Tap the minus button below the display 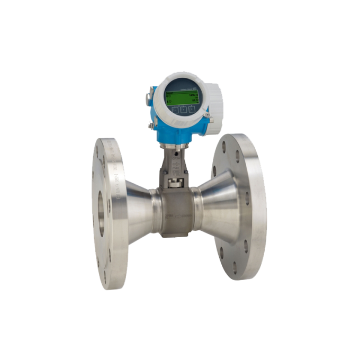[x=175, y=110]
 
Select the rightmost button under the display [x=192, y=109]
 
